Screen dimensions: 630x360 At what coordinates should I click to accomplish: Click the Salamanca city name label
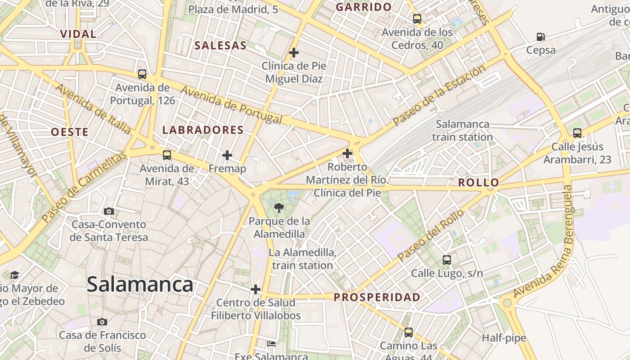(x=140, y=284)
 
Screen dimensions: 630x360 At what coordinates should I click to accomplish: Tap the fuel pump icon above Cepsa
(x=541, y=37)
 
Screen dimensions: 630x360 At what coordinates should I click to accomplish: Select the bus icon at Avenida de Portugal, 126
(x=142, y=74)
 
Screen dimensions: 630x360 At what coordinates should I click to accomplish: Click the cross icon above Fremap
(x=227, y=156)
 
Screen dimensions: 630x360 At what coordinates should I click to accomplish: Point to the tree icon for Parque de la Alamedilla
(x=279, y=207)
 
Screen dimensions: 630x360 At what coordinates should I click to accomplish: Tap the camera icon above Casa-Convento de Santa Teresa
(x=108, y=211)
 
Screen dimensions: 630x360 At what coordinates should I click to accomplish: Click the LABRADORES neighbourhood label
(x=202, y=130)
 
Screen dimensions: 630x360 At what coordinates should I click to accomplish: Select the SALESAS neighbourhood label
(x=220, y=45)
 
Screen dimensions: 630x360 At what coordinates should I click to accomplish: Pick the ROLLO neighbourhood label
(x=478, y=183)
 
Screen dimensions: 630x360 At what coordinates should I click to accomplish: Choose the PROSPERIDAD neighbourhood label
(x=377, y=297)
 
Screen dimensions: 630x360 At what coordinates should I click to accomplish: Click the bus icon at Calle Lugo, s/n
(x=447, y=260)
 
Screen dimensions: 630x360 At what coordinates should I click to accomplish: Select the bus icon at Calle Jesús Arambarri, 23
(x=577, y=133)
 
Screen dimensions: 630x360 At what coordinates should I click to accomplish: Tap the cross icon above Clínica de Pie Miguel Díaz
(x=294, y=53)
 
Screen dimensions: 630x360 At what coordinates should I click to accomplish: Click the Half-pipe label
(x=504, y=338)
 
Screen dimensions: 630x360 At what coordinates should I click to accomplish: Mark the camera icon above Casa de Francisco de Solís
(x=102, y=322)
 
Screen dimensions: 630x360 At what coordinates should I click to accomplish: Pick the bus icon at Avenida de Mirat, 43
(x=167, y=155)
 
